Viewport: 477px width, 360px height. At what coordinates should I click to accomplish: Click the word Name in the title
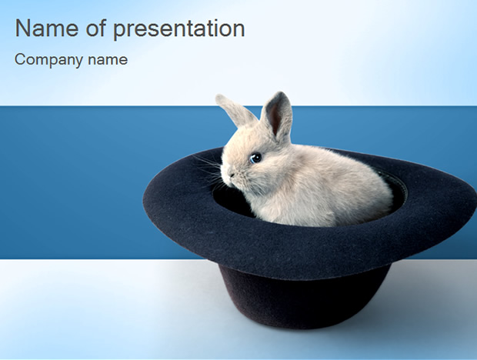tap(46, 28)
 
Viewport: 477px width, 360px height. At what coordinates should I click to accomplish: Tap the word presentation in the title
tap(178, 30)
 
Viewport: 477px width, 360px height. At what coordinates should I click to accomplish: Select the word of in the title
tap(96, 28)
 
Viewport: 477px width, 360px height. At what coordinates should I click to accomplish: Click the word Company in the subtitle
tap(48, 60)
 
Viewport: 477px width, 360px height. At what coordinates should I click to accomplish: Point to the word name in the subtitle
tap(108, 59)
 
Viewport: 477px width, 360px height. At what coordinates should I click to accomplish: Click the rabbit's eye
tap(255, 158)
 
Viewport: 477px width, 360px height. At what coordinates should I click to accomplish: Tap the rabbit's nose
tap(232, 175)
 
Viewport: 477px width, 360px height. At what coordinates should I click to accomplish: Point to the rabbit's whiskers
tap(210, 170)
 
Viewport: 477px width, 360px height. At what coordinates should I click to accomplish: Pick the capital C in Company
tap(20, 59)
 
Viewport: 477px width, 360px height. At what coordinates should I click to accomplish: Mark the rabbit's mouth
tap(232, 182)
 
